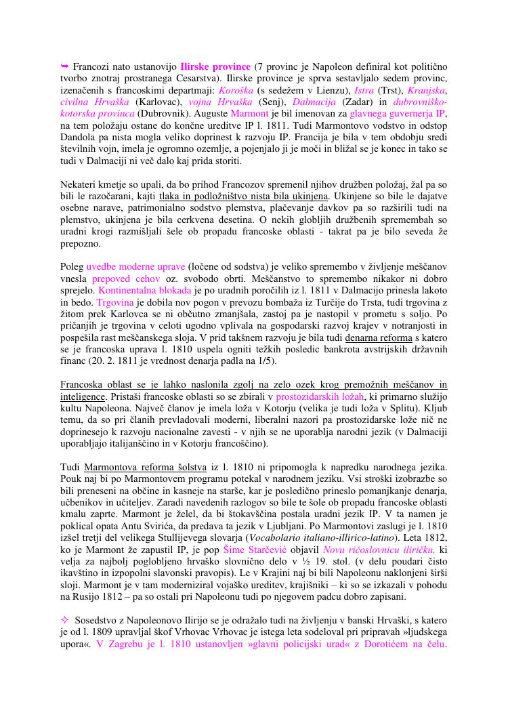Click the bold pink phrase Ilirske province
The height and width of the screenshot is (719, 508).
coord(216,68)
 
